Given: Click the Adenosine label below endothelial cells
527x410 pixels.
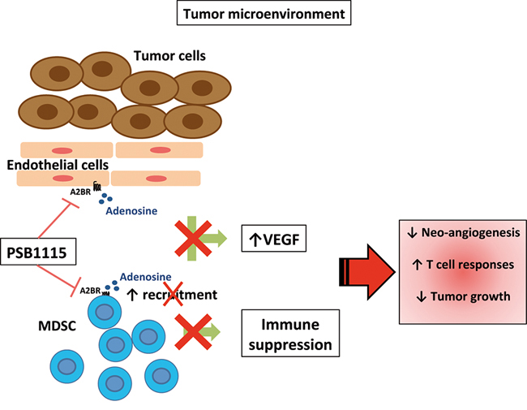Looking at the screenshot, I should click(131, 209).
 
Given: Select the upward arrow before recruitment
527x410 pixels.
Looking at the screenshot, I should click(133, 294).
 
